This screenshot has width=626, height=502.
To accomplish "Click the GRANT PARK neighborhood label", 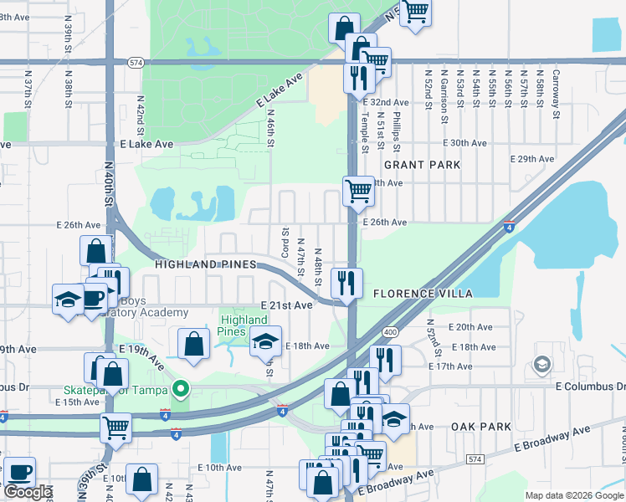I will (422, 165).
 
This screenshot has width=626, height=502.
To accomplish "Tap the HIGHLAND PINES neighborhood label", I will (204, 264).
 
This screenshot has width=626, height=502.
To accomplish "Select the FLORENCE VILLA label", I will (423, 294).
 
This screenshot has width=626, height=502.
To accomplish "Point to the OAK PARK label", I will (480, 427).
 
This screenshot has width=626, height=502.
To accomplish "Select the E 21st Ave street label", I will (286, 306).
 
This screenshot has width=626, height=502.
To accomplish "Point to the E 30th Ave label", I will (464, 143).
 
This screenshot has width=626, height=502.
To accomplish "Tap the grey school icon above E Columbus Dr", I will (542, 365).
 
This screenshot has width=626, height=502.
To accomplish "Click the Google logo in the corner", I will (28, 492).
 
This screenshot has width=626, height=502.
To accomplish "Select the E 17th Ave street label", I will (450, 366).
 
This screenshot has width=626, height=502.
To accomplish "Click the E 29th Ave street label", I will (532, 159).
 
